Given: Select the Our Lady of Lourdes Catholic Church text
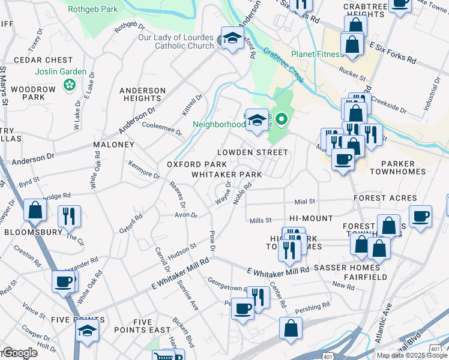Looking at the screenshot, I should pyautogui.click(x=176, y=41).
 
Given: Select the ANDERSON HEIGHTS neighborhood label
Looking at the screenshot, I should pyautogui.click(x=142, y=94).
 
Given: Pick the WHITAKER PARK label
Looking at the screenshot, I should pyautogui.click(x=226, y=175).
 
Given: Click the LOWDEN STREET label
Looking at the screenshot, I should pyautogui.click(x=252, y=153).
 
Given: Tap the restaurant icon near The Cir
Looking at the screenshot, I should pyautogui.click(x=69, y=216).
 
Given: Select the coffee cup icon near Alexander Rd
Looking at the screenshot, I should pyautogui.click(x=63, y=281).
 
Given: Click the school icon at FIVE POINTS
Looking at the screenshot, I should pyautogui.click(x=88, y=331).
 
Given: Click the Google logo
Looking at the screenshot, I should pyautogui.click(x=19, y=353).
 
